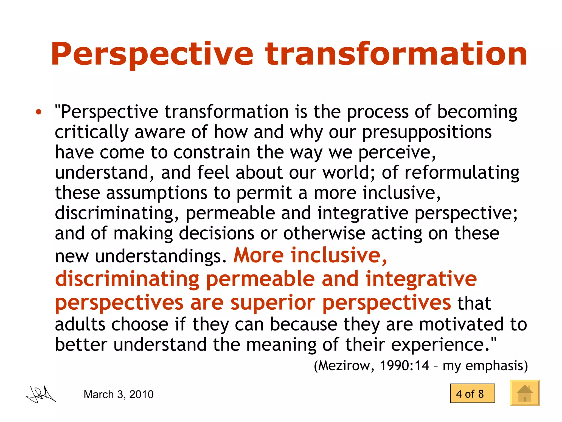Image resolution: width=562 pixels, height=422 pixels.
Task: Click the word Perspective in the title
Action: (x=152, y=54)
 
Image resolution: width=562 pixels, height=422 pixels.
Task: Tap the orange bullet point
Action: (x=39, y=112)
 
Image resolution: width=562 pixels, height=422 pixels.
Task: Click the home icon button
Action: (x=524, y=393)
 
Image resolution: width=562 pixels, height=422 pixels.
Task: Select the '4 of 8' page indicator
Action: (x=472, y=393)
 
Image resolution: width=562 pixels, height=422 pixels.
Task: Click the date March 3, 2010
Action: (x=118, y=395)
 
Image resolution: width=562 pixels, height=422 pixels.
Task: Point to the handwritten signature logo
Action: (x=41, y=395)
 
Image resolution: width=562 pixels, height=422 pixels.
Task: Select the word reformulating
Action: (x=462, y=173)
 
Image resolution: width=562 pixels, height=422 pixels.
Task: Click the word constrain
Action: (x=212, y=153)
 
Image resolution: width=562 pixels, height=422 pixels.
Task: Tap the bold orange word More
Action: (x=258, y=255)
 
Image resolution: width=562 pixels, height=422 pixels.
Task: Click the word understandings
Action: (x=161, y=256)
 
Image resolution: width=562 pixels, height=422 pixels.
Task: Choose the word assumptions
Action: (x=156, y=193)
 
